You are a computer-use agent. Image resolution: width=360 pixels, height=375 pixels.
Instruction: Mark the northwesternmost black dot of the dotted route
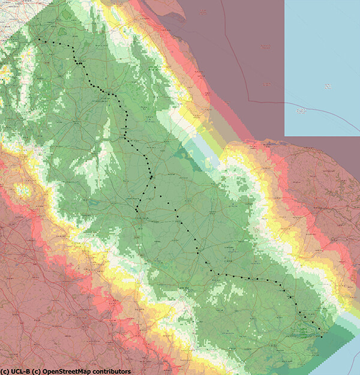point(39,40)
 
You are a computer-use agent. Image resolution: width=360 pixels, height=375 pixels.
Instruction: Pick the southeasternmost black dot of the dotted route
point(321,337)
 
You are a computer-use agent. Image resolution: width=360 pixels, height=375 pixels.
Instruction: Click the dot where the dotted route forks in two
point(151,177)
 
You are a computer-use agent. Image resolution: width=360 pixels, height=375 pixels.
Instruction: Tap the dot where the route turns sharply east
point(218,275)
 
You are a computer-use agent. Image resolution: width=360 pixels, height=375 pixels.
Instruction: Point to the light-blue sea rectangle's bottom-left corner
point(284,136)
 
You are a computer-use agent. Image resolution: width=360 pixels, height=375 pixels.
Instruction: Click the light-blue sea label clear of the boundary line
point(328,88)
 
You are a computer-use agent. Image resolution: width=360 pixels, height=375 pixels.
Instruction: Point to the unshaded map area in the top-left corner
point(9,15)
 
